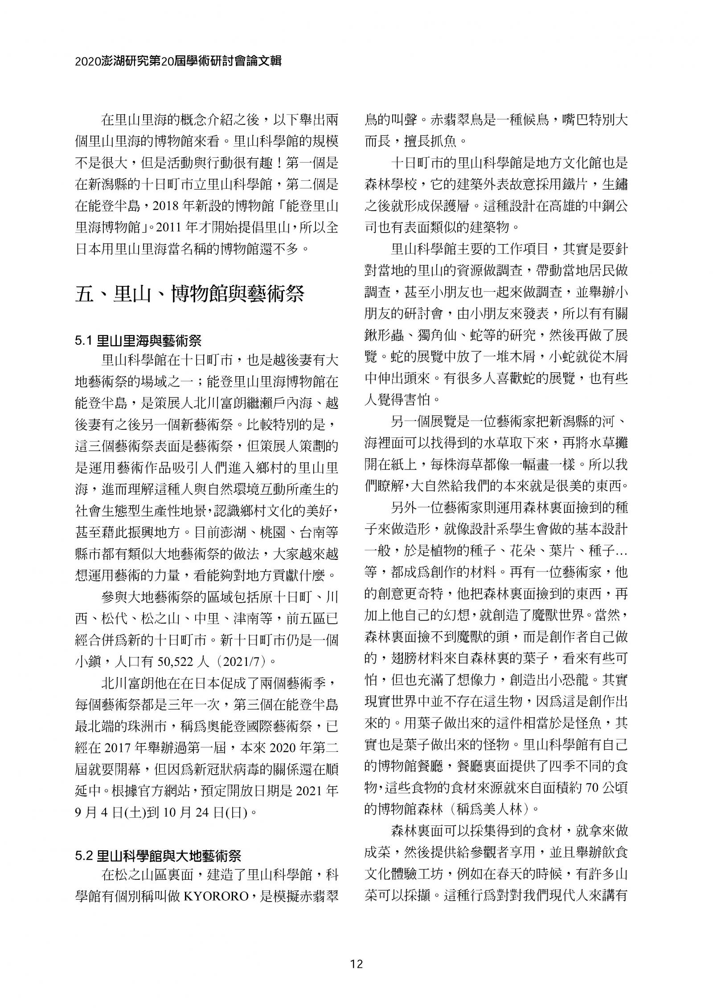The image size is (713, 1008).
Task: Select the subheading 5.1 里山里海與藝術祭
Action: coord(138,341)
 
